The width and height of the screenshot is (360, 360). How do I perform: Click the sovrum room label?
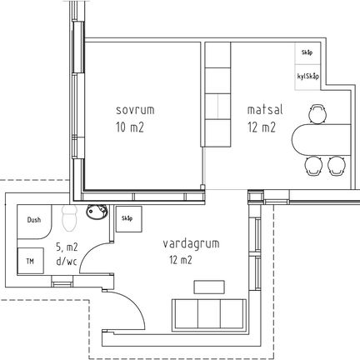coord(135,110)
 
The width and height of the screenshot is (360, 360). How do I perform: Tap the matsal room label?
coord(265,109)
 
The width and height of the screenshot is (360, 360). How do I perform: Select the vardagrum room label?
coord(191,243)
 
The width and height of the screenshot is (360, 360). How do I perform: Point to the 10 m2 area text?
coord(130,127)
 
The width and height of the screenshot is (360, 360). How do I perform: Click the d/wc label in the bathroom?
coord(67,261)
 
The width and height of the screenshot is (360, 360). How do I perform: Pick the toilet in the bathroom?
coord(69,218)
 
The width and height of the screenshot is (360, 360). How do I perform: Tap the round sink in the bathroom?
coord(97,212)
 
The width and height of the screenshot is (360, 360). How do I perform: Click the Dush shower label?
coord(34,220)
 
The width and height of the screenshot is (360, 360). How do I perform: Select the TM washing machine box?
coord(31,261)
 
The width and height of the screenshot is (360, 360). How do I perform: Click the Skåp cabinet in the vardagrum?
coord(129,219)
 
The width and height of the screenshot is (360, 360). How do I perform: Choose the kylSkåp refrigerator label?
coord(307,77)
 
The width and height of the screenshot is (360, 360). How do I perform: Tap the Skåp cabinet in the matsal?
coord(307,53)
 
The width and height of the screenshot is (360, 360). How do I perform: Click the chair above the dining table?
coord(317,113)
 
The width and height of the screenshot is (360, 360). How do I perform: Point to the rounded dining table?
coord(321,139)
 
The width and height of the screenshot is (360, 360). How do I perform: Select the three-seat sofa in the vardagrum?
coord(209,315)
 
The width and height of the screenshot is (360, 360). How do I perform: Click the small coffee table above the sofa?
coord(209,287)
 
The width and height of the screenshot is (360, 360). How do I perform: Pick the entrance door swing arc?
coord(134,303)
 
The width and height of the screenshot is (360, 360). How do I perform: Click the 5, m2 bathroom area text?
coord(67,247)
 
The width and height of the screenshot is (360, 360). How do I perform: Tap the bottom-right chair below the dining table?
coord(337,166)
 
